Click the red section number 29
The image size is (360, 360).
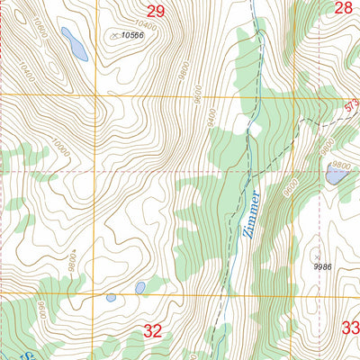tap(156, 11)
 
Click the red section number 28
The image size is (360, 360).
tap(344, 9)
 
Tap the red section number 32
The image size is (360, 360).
tap(153, 331)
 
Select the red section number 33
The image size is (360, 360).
tap(349, 328)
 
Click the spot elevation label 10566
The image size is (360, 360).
tap(132, 35)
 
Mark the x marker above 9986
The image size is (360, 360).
tap(316, 255)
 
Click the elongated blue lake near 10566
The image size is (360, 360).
tap(74, 43)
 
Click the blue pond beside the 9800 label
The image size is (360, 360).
tap(337, 177)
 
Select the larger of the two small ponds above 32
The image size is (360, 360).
tap(139, 288)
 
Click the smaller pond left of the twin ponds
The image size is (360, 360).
tap(110, 297)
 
